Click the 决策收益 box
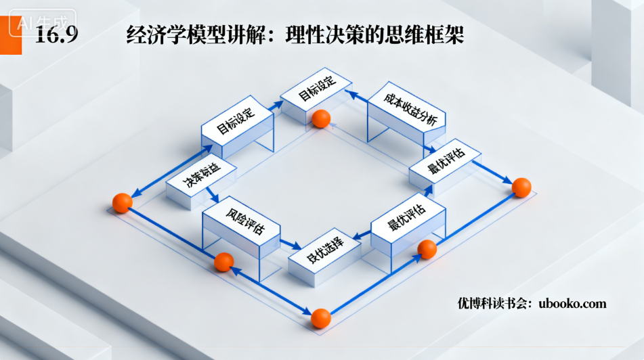point(201,177)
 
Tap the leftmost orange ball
point(122,202)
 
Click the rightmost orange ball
point(521,187)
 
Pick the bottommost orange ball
point(320,317)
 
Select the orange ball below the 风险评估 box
point(223,262)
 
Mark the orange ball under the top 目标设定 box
point(321,118)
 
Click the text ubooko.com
point(572,303)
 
